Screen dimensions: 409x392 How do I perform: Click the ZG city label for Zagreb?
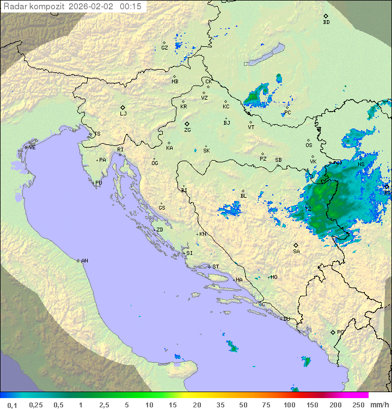coord(187,130)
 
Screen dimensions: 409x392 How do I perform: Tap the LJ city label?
coord(123,114)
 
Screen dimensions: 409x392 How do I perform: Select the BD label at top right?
coord(326,22)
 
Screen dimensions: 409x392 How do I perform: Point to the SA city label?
coord(296,252)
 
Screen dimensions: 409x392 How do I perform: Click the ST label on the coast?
coord(216,267)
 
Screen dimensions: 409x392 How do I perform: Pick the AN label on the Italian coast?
coord(84,261)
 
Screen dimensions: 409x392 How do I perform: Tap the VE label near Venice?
coord(32,148)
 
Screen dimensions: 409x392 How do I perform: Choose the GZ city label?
coord(164,47)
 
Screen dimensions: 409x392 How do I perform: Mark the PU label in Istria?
coord(99,183)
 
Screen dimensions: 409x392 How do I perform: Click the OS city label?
coord(309,145)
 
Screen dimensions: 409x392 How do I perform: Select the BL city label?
coord(243,196)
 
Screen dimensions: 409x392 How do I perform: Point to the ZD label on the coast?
coord(160,230)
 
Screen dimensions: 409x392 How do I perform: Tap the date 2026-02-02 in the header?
coord(92,7)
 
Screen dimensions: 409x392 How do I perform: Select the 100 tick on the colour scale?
coord(289,405)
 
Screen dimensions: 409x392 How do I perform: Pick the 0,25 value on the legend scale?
coord(36,405)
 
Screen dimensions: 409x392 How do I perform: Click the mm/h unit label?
coord(379,405)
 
